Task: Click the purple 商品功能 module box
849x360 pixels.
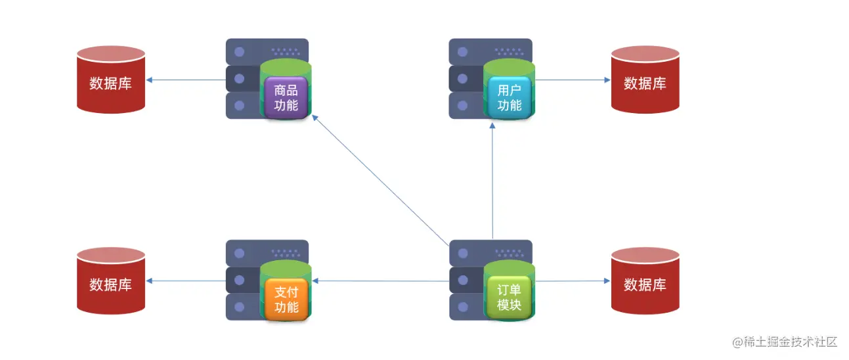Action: (286, 98)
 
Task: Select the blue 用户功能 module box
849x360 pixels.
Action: (509, 98)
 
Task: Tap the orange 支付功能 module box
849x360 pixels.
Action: (286, 300)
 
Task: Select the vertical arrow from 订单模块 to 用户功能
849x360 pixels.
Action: (492, 184)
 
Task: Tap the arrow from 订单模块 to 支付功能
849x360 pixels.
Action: (381, 281)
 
